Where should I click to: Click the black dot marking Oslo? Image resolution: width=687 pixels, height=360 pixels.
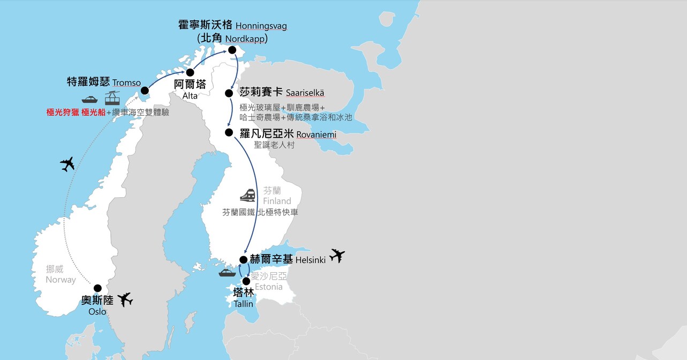97,288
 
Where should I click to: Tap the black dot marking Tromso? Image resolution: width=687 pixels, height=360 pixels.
145,91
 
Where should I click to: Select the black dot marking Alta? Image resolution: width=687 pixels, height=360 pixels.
190,72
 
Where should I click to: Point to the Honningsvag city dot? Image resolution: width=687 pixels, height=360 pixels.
232,50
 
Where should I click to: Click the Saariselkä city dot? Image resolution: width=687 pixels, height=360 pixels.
229,93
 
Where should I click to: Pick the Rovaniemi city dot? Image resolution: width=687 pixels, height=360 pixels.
229,132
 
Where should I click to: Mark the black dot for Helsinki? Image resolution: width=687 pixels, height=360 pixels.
244,260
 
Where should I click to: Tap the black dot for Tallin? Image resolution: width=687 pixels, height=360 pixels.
246,281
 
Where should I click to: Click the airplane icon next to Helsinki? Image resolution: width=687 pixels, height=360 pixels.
337,256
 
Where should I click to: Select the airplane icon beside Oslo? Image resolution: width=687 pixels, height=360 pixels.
125,299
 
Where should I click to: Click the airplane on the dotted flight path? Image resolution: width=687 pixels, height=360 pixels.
67,164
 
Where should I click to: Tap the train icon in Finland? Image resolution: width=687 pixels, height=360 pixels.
247,194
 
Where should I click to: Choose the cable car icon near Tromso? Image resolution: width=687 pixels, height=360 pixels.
112,98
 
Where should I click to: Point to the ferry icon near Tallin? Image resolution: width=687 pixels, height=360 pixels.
227,273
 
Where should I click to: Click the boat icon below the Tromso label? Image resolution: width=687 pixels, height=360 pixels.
89,99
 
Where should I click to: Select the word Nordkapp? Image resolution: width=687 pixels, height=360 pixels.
246,39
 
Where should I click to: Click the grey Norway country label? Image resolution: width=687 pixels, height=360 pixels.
61,280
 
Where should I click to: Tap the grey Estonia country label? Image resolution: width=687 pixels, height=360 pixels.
269,287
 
